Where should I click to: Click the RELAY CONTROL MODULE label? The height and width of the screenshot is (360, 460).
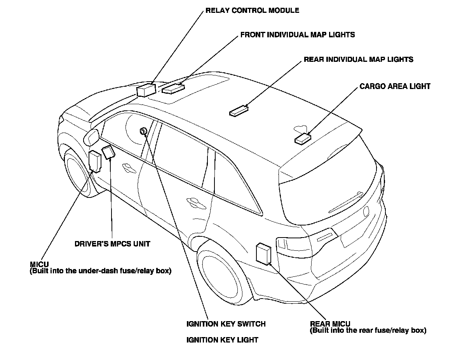(x=252, y=10)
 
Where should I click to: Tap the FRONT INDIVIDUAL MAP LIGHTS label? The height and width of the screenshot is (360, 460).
(x=297, y=35)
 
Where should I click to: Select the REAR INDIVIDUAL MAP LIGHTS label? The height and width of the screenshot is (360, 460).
(x=358, y=59)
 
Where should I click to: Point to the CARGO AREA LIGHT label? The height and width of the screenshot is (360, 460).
(x=395, y=86)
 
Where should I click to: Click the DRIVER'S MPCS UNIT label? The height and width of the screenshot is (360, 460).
(x=112, y=244)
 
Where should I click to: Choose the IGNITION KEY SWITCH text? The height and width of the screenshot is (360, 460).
(x=226, y=323)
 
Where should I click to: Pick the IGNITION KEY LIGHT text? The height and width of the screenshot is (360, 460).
(x=222, y=340)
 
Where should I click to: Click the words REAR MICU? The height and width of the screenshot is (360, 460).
(x=330, y=324)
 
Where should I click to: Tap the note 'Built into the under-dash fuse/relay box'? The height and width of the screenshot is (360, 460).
(x=100, y=271)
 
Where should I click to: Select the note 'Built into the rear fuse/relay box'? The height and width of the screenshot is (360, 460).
(x=368, y=331)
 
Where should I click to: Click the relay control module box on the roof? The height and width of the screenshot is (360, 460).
(x=146, y=90)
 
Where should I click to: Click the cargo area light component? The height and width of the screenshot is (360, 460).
(x=303, y=138)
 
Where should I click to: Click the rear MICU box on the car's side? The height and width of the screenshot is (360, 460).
(x=263, y=253)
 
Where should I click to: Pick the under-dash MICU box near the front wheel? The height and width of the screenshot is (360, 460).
(x=95, y=161)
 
